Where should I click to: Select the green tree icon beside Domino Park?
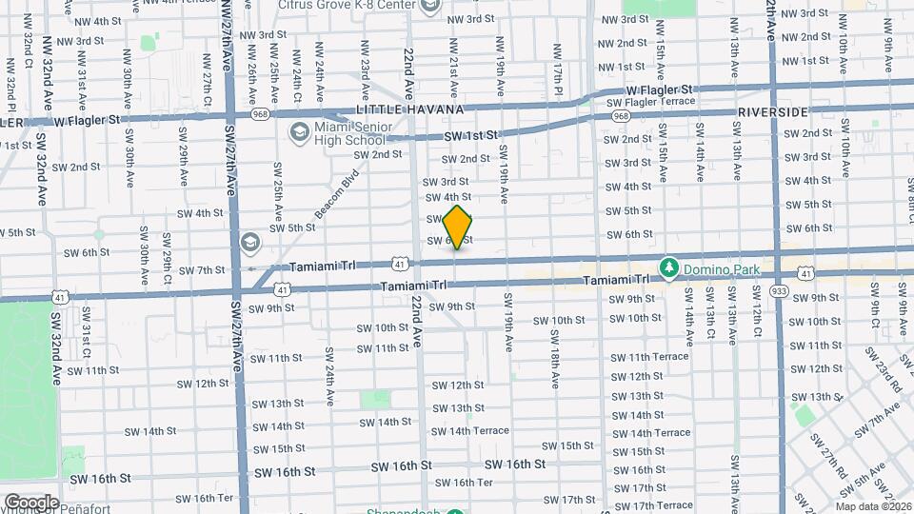(x=669, y=268)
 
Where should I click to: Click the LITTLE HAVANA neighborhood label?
(x=408, y=110)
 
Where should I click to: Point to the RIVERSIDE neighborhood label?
(x=772, y=112)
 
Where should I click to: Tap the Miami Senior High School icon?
(x=299, y=131)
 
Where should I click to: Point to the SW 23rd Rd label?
(x=884, y=368)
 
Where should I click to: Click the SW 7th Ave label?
(x=877, y=418)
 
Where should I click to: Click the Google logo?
(x=30, y=502)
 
